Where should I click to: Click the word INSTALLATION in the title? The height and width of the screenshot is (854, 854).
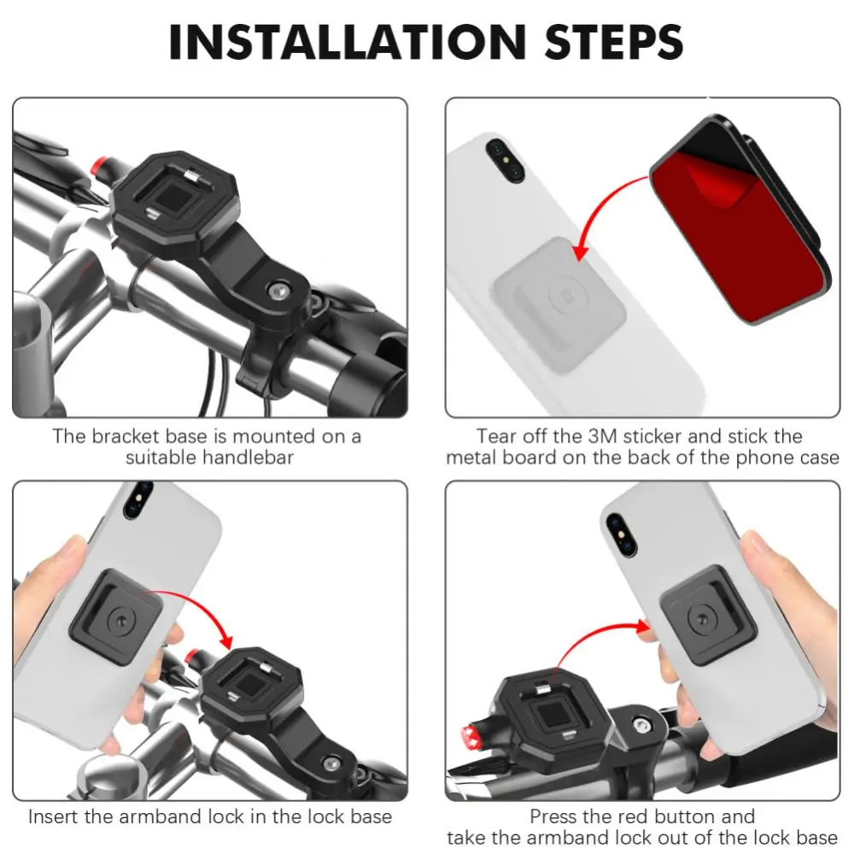347,42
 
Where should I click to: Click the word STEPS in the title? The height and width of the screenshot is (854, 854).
614,42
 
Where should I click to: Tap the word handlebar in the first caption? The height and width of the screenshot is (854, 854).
248,458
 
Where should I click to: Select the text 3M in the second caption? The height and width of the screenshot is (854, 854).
602,436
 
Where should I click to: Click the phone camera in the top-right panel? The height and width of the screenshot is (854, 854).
505,161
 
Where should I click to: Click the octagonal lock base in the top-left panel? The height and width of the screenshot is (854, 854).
174,199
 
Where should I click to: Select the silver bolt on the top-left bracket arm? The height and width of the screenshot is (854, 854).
280,291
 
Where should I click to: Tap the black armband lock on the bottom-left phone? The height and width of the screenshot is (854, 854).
116,617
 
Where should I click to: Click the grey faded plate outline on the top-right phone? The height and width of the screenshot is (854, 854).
560,305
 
